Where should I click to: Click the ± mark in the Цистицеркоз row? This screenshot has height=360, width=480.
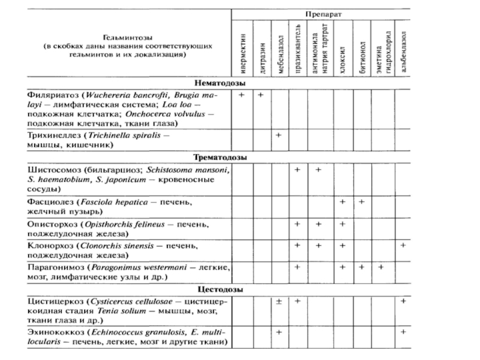pos(279,301)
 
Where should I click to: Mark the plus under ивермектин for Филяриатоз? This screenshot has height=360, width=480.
pos(241,95)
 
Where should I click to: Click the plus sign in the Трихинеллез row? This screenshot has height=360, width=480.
pos(279,136)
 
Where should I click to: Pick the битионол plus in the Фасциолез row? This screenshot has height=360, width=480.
pos(362,202)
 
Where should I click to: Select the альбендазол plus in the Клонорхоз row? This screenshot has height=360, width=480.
pos(404,245)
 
